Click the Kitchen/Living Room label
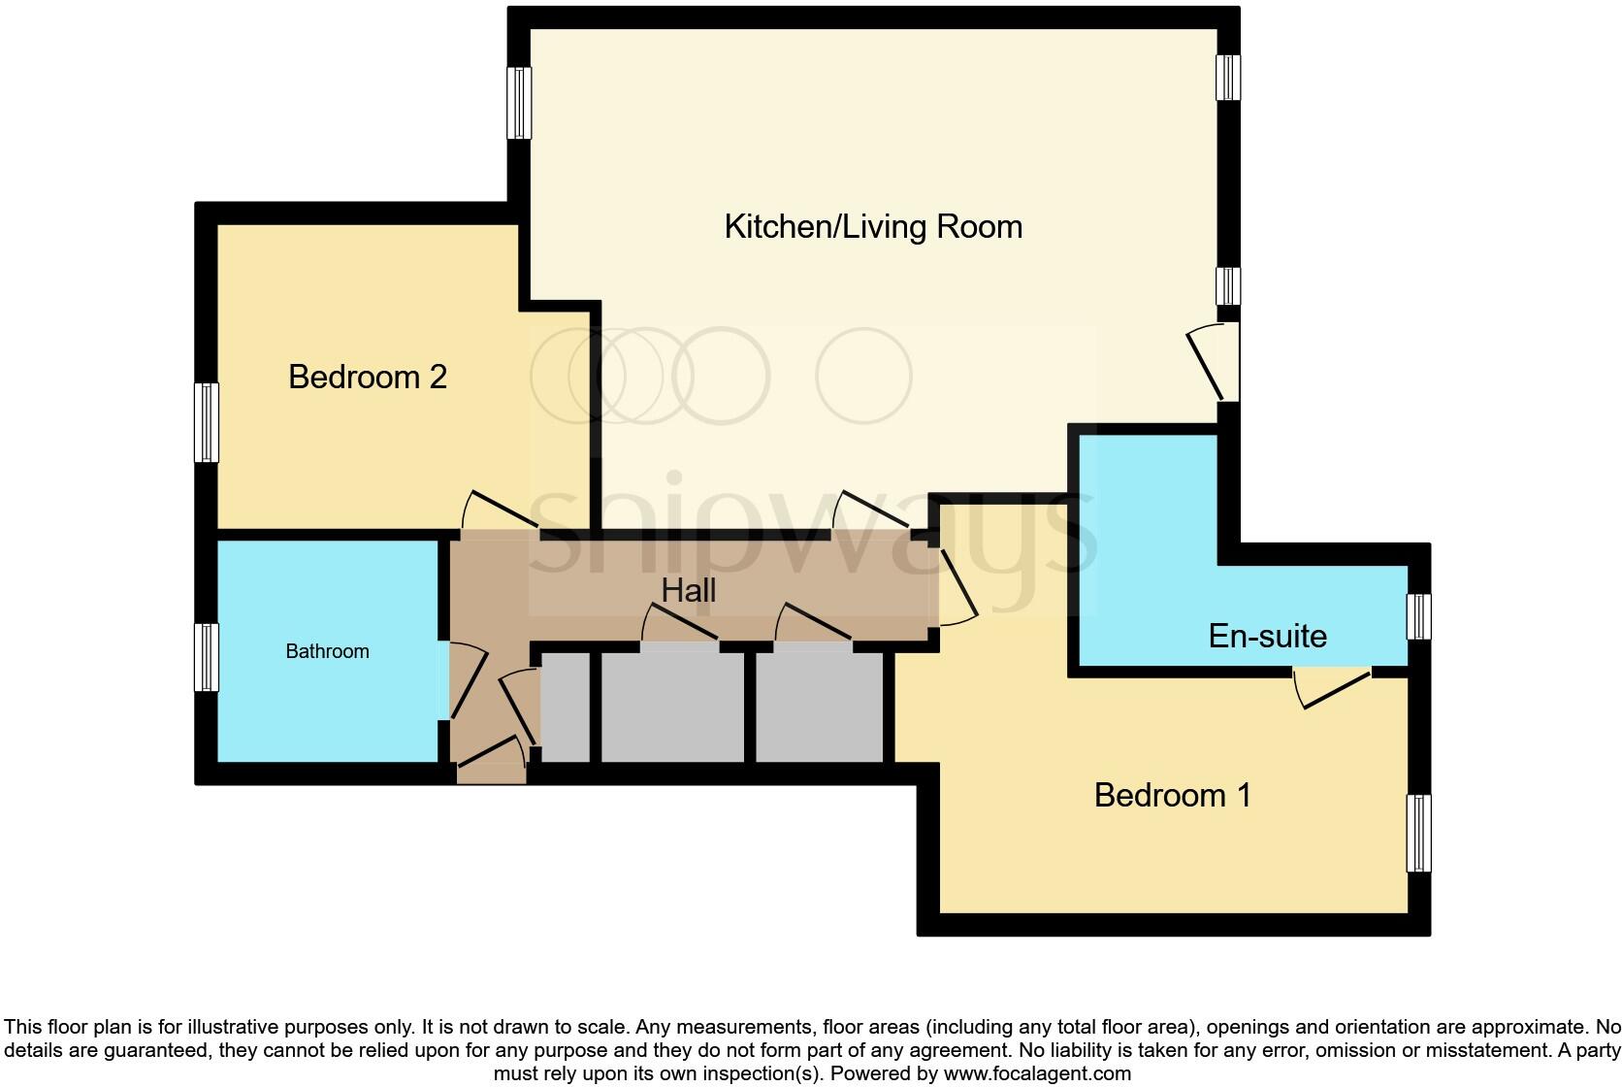[x=873, y=227]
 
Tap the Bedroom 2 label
[x=368, y=377]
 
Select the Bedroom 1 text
[x=1172, y=796]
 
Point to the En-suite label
[x=1267, y=637]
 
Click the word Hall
[x=689, y=590]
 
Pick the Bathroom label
[x=327, y=651]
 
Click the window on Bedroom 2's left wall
[x=206, y=422]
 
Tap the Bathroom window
[x=206, y=657]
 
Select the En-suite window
[x=1418, y=616]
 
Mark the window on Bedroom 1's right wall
[x=1418, y=833]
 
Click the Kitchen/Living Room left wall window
[x=520, y=103]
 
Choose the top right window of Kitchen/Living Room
[x=1228, y=77]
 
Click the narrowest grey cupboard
[x=565, y=708]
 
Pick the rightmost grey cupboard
[x=820, y=708]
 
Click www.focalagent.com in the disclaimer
[x=1037, y=1073]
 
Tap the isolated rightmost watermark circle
[x=863, y=376]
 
